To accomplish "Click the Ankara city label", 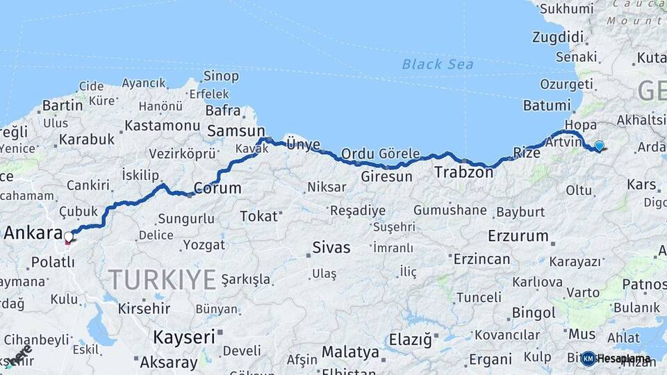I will (34, 233).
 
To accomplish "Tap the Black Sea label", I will (438, 65).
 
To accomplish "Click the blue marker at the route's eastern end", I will (599, 146).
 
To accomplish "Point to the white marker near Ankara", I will (68, 237).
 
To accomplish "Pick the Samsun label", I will (236, 131).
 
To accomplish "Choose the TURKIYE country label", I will (161, 280).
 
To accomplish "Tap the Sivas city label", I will (331, 247).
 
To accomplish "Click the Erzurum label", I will (518, 235).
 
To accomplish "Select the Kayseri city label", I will (184, 337).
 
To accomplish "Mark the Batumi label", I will (547, 106).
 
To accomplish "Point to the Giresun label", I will (387, 176).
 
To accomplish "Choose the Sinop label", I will (221, 76).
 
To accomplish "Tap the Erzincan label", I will (481, 259).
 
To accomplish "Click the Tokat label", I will (258, 216).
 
